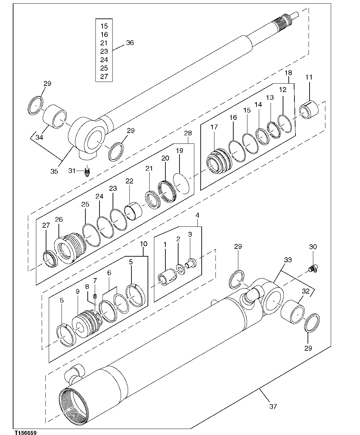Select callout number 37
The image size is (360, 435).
click(273, 406)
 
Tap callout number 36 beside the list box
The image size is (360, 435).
click(130, 43)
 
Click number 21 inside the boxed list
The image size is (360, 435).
click(104, 43)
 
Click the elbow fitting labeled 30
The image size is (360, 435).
click(314, 268)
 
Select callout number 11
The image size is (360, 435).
click(309, 77)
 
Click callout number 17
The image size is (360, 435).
click(214, 127)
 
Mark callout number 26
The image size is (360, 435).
click(59, 219)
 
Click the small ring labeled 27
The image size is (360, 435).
click(50, 259)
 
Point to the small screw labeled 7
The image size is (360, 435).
click(95, 296)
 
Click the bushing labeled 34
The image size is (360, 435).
click(55, 116)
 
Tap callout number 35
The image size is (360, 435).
click(54, 171)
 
